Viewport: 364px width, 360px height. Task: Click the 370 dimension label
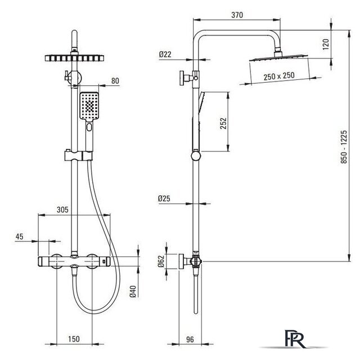(x=237, y=15)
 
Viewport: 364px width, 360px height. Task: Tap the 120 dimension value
(x=326, y=44)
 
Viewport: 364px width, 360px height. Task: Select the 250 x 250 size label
(x=279, y=76)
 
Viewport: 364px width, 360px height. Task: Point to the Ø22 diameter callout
(x=165, y=55)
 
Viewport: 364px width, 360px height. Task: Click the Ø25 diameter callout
(x=164, y=199)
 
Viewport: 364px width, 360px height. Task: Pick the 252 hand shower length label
(x=223, y=124)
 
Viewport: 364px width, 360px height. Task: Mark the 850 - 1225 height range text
(x=344, y=147)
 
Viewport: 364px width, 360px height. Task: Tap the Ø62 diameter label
(x=161, y=262)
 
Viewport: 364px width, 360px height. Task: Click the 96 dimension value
(x=190, y=340)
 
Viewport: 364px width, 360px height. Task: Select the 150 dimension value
(x=74, y=339)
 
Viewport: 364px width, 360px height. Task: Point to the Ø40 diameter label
(x=133, y=291)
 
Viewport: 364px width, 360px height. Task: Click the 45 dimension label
(x=20, y=236)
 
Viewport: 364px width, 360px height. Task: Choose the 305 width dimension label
(x=62, y=210)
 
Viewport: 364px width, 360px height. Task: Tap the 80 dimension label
(x=115, y=81)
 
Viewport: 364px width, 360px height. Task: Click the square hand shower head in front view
(x=89, y=106)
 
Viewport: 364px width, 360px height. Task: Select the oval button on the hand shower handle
(x=89, y=127)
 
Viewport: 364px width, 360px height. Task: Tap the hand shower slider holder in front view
(x=78, y=156)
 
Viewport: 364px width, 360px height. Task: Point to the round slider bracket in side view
(x=196, y=156)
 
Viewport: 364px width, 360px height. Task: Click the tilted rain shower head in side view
(x=278, y=57)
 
